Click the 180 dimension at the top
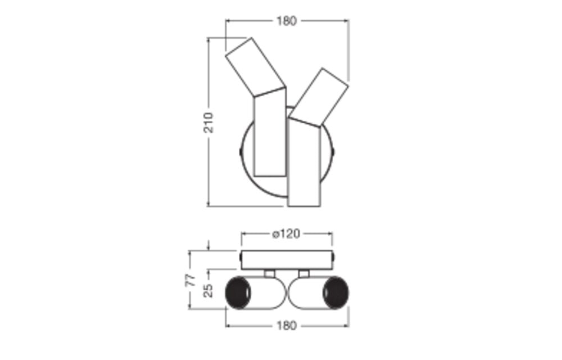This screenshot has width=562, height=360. (287, 21)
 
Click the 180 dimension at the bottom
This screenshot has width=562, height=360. (287, 326)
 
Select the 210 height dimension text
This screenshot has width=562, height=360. (209, 123)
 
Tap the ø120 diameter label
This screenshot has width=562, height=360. (286, 234)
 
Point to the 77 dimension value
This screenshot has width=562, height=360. (192, 280)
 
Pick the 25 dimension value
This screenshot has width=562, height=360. (209, 290)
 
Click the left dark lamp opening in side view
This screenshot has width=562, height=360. (238, 292)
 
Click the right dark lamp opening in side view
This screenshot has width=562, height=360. (335, 292)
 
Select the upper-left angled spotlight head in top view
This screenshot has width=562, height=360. (255, 67)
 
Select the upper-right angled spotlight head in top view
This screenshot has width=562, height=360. (319, 97)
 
